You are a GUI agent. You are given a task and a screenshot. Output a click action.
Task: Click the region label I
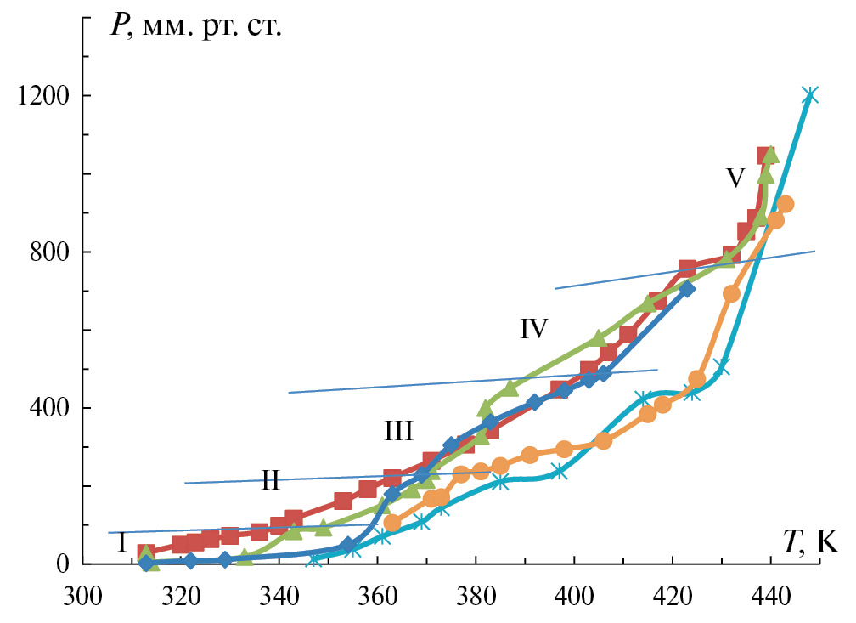tap(121, 541)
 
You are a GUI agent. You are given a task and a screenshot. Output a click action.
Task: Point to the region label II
tap(270, 481)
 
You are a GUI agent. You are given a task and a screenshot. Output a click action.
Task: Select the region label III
tap(397, 432)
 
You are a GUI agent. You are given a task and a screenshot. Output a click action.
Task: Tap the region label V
tap(735, 178)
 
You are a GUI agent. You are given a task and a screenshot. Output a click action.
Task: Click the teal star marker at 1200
tap(810, 95)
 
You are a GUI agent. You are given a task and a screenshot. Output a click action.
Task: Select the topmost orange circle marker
tap(785, 204)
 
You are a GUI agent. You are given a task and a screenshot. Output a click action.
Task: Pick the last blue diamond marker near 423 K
tap(687, 289)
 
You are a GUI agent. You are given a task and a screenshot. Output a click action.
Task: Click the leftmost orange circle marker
tap(392, 523)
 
